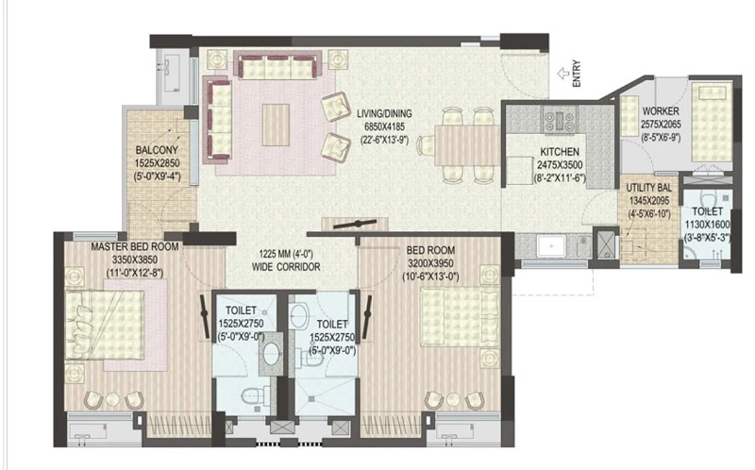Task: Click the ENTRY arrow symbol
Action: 563,74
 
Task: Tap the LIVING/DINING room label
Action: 384,113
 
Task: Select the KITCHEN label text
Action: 560,152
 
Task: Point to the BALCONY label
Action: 157,150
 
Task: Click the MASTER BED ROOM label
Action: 135,246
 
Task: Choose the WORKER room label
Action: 661,111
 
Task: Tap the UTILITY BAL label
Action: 648,188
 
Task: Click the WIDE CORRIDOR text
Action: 286,267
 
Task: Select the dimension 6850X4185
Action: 384,126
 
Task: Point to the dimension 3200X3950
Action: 430,263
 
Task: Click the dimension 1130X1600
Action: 707,225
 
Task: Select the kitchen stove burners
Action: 560,120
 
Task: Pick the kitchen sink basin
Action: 551,246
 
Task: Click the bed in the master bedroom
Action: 105,325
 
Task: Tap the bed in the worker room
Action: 712,124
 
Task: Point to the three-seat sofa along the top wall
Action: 277,67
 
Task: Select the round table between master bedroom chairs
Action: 113,399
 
